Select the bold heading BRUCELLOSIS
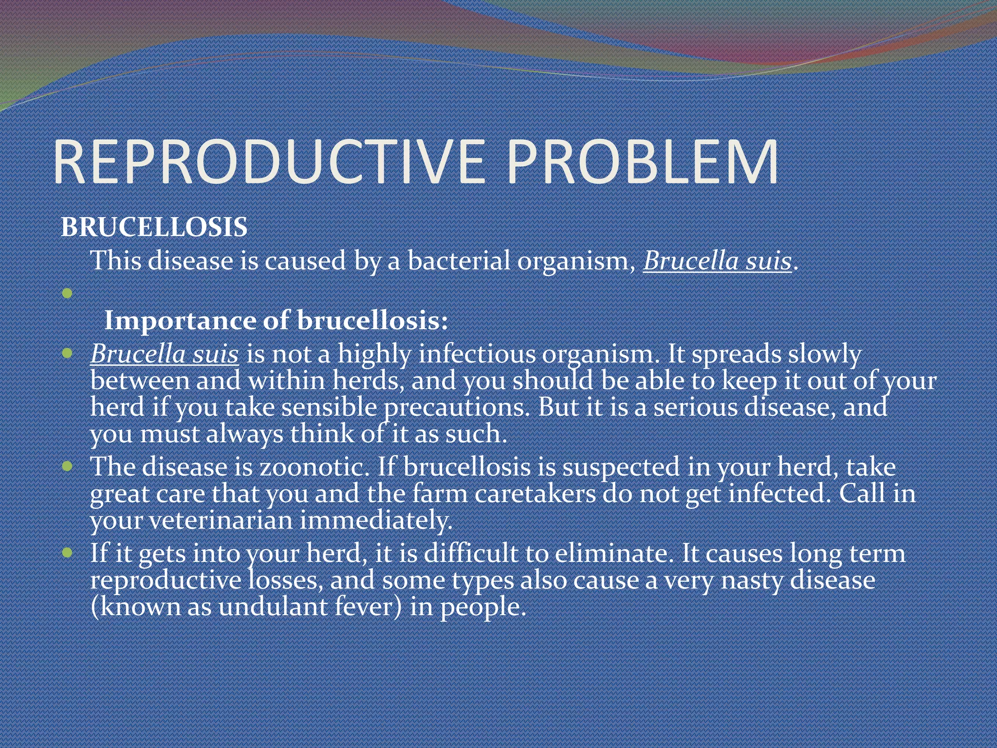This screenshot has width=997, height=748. point(154,227)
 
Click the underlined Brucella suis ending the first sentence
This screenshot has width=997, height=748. point(717,261)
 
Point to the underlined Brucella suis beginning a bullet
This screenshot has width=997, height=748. point(164,354)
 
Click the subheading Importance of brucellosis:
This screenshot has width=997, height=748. point(276,321)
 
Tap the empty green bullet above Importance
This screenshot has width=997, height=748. point(67,294)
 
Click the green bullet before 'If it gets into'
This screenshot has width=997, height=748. point(67,553)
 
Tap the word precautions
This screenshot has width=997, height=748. point(456,408)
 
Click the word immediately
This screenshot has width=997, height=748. point(375,521)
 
